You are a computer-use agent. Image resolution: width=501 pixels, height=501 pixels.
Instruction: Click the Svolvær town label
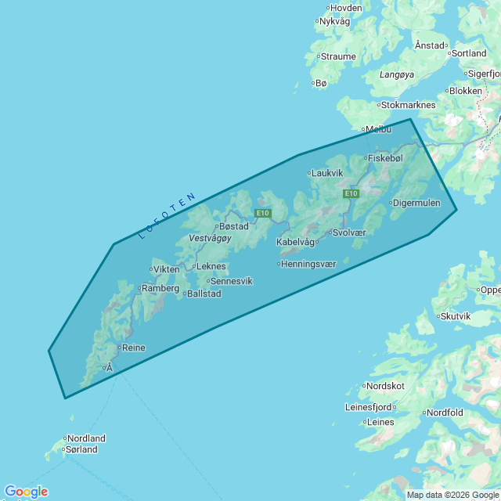pyautogui.click(x=349, y=232)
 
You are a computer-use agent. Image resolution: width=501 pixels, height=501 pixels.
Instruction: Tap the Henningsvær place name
pyautogui.click(x=309, y=264)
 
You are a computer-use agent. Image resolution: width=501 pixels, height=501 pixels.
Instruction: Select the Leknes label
pyautogui.click(x=211, y=266)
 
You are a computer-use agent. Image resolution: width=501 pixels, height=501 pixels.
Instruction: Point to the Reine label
pyautogui.click(x=134, y=348)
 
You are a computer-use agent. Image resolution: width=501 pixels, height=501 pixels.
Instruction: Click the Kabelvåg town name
pyautogui.click(x=295, y=243)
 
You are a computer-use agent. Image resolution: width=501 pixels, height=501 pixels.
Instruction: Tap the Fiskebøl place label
pyautogui.click(x=385, y=158)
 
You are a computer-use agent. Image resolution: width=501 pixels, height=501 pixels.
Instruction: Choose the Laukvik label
pyautogui.click(x=327, y=173)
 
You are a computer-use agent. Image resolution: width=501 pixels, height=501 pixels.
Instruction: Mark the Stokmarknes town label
pyautogui.click(x=408, y=105)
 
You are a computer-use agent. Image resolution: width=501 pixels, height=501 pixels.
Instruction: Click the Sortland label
pyautogui.click(x=470, y=53)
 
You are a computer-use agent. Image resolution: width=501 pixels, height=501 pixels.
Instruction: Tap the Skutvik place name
pyautogui.click(x=456, y=316)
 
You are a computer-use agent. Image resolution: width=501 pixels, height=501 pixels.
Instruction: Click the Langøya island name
pyautogui.click(x=396, y=74)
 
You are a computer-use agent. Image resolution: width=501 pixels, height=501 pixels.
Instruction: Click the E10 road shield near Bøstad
pyautogui.click(x=262, y=213)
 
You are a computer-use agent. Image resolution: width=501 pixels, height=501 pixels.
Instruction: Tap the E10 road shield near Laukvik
pyautogui.click(x=351, y=193)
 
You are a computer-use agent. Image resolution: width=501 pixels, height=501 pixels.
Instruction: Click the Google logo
pyautogui.click(x=26, y=492)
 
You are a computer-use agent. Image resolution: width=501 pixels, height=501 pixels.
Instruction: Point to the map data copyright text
pyautogui.click(x=452, y=495)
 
